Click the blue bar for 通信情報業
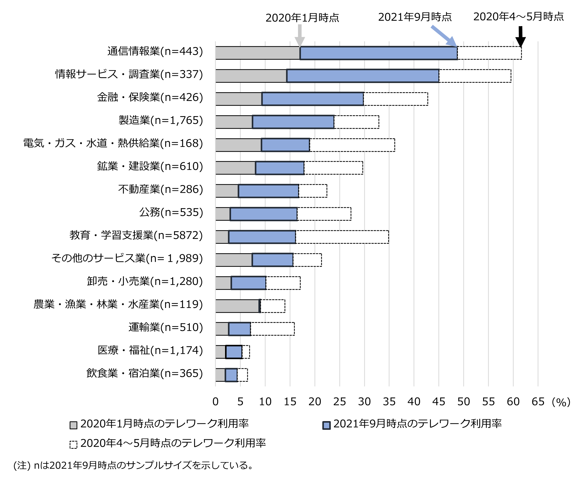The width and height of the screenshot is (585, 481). pyautogui.click(x=378, y=53)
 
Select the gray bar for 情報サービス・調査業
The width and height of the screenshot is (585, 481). pyautogui.click(x=251, y=76)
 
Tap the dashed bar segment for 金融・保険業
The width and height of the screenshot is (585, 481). pyautogui.click(x=396, y=99)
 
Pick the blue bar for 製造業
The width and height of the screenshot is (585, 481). pyautogui.click(x=293, y=122)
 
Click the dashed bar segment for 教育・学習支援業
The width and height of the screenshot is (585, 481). pyautogui.click(x=342, y=237)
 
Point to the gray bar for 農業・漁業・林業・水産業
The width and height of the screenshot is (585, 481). pyautogui.click(x=237, y=306)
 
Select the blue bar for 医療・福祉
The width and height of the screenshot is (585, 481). pyautogui.click(x=234, y=352)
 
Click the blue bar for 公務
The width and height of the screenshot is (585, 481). pyautogui.click(x=263, y=214)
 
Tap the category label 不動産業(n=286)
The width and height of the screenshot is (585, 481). pyautogui.click(x=161, y=189)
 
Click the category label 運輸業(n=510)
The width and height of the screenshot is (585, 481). pyautogui.click(x=165, y=327)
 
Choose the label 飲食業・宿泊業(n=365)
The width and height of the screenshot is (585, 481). pyautogui.click(x=144, y=373)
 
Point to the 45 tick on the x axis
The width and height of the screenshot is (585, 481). pyautogui.click(x=439, y=401)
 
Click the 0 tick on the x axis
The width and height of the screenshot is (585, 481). pyautogui.click(x=216, y=401)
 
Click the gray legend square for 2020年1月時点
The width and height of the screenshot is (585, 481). pyautogui.click(x=73, y=425)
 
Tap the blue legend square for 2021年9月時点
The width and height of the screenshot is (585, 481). pyautogui.click(x=326, y=425)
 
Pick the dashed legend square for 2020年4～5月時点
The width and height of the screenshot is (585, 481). pyautogui.click(x=73, y=444)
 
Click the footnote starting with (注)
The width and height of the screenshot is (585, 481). pyautogui.click(x=133, y=465)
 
